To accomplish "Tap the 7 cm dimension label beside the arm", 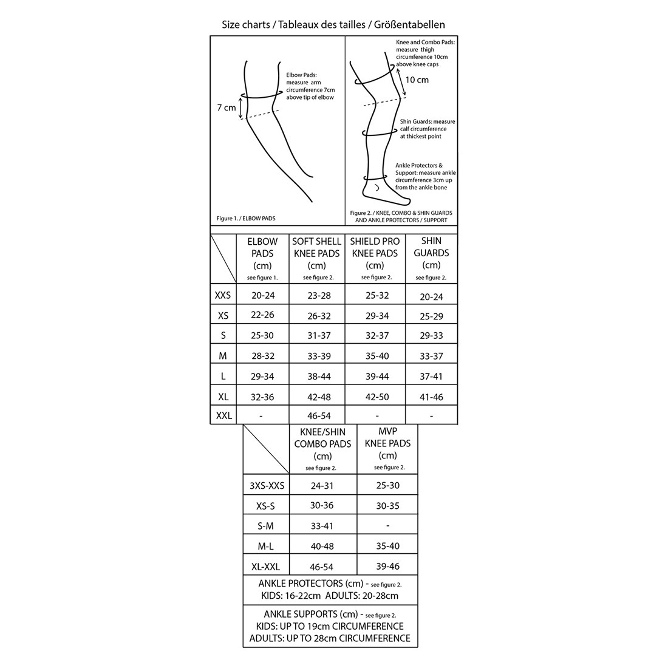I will (226, 108).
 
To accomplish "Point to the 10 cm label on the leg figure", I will (417, 80).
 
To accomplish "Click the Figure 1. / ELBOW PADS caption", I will (242, 218).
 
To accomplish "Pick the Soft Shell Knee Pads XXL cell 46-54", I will (319, 416).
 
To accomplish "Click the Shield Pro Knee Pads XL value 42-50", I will (376, 397).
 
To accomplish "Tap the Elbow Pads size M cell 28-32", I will (262, 356).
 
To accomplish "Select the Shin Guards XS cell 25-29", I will (431, 316).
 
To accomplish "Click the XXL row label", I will (223, 416).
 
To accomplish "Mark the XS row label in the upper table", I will (223, 316).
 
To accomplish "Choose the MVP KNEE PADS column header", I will (387, 449).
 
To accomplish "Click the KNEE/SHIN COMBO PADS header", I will (322, 449).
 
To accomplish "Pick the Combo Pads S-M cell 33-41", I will (322, 526).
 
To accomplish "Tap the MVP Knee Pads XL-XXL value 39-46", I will (387, 566).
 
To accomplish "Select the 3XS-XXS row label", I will (267, 486).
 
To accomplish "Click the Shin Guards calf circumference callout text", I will (427, 129).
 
